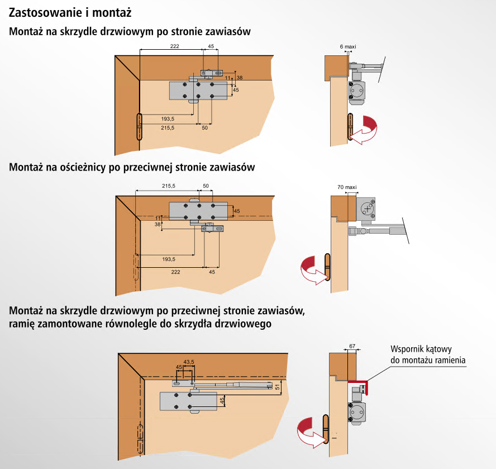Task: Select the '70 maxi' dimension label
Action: click(347, 187)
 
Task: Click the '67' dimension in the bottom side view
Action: click(352, 347)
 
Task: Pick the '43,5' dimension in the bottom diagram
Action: click(189, 362)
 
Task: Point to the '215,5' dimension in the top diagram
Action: click(168, 128)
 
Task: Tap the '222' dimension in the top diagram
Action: click(175, 46)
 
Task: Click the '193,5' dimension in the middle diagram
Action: click(168, 259)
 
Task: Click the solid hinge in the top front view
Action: click(139, 127)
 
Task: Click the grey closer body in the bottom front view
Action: click(188, 401)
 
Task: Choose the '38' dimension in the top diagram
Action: click(240, 78)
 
